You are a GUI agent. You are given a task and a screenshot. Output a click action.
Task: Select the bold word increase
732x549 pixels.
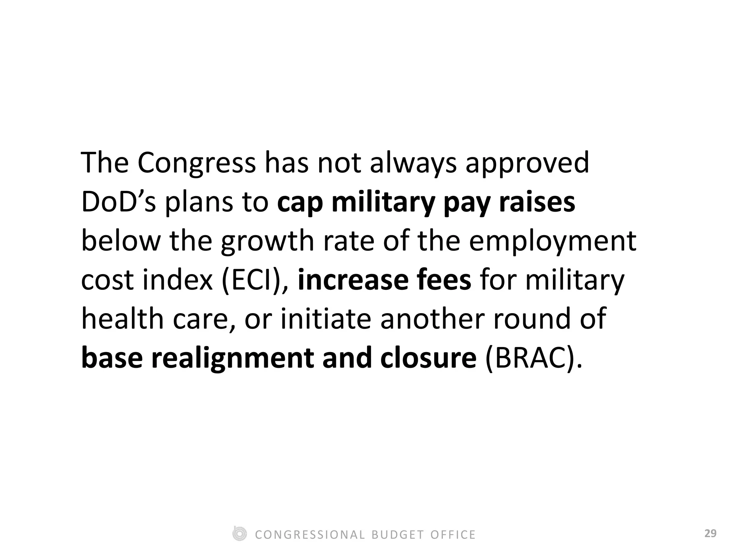[x=352, y=281]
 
